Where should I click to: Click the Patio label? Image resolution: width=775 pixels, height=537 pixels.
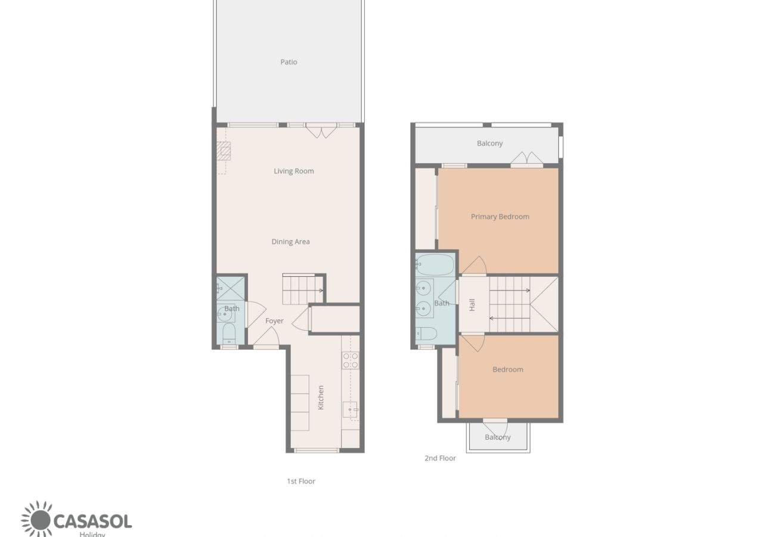289,62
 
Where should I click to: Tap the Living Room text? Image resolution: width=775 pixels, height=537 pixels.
293,171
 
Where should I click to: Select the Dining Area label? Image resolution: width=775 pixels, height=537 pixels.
290,242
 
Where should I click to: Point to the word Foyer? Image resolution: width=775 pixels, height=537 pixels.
274,321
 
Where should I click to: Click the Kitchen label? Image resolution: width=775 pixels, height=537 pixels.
321,397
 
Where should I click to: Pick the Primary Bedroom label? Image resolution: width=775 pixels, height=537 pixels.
500,217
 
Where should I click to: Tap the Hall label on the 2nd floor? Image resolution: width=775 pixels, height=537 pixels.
472,305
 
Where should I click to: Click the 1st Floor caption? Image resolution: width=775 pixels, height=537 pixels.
301,481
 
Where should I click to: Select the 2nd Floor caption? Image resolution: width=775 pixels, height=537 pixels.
440,458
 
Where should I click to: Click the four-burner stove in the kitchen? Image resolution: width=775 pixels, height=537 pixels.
350,360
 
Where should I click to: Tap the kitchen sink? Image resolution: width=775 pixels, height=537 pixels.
350,409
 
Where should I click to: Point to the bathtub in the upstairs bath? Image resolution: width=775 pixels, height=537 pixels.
435,264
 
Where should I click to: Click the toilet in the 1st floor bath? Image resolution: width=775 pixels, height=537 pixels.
229,334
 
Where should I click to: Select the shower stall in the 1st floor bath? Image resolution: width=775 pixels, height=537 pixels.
230,288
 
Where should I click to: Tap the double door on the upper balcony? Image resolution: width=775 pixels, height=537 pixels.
527,159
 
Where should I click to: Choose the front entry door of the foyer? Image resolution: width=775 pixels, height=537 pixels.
266,338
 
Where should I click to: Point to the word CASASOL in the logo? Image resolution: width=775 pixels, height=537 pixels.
92,521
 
